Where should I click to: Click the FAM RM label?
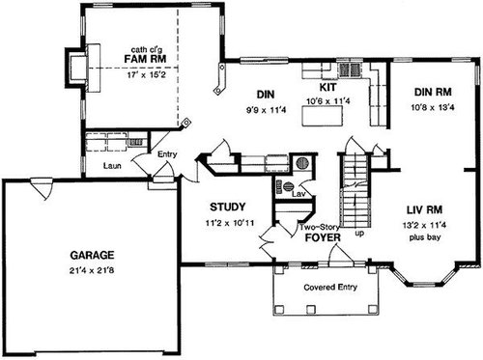[145, 59]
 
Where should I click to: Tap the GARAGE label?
[92, 255]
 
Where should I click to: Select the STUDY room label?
[228, 207]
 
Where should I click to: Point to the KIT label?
[327, 87]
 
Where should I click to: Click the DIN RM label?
[433, 92]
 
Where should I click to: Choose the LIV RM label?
[424, 210]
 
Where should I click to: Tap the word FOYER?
[323, 237]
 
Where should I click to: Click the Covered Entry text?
[330, 287]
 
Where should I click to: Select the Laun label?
[112, 166]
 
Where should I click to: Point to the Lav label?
[298, 194]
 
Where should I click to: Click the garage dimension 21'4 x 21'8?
[92, 270]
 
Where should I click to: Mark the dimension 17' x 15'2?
[146, 75]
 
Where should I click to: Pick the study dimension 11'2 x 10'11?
[230, 223]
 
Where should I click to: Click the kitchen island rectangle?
[322, 116]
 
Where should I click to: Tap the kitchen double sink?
[350, 69]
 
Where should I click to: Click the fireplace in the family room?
[83, 68]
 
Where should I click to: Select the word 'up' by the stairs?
[359, 233]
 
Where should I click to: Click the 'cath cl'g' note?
[147, 49]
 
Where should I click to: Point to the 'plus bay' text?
[425, 237]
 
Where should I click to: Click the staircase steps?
[355, 190]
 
